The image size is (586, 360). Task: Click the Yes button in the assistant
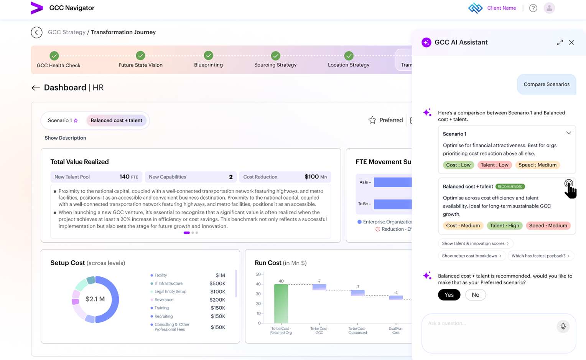point(449,295)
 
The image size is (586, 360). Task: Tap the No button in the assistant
point(475,295)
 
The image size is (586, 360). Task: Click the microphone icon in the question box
point(563,326)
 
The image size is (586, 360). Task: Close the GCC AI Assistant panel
point(571,43)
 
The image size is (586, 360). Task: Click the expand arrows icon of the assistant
point(560,43)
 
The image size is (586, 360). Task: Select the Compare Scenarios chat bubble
point(546,84)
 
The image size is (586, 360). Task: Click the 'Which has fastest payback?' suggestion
point(541,256)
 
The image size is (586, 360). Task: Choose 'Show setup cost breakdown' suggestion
point(472,256)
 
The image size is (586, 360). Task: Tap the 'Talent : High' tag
point(504,226)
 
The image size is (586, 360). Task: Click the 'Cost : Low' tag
point(458,165)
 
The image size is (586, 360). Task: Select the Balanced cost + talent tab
point(117,121)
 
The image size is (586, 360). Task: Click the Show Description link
point(66,138)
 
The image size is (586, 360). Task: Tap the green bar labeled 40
point(281,304)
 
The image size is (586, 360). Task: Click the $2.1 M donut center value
point(95,299)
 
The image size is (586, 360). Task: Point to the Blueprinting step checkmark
point(209,56)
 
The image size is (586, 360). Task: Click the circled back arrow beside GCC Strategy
point(37,33)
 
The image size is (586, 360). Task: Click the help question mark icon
point(533,8)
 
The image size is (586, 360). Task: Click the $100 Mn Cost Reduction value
point(316,177)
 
